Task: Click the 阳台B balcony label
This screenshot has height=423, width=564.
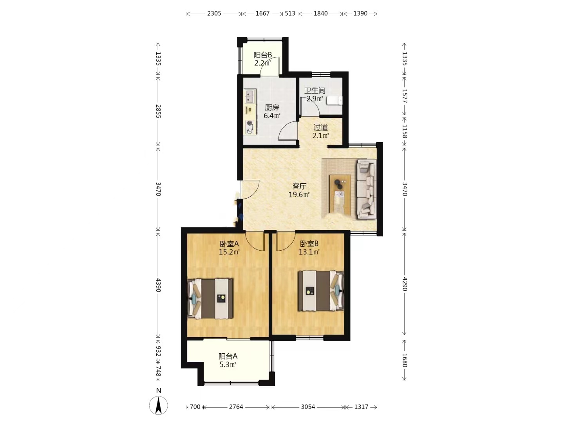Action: pos(262,55)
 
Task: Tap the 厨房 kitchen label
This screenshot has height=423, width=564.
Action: pos(271,107)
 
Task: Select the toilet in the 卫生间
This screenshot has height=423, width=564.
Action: pos(334,100)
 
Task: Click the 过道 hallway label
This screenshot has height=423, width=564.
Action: pos(320,127)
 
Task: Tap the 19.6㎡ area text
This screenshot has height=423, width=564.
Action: pos(299,195)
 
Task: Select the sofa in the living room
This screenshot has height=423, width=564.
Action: pos(367,189)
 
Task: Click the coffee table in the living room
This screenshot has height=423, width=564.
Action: pos(340,194)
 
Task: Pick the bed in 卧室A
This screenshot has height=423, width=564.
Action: pos(210,299)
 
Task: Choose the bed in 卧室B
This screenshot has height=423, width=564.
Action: pos(321,291)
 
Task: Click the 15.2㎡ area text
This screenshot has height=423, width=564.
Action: pos(229,252)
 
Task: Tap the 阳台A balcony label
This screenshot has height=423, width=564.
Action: pos(228,356)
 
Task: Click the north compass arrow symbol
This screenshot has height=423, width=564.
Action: pos(159,405)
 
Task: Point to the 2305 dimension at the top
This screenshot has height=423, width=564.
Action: pos(214,13)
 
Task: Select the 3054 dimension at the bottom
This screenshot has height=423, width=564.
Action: pos(308,407)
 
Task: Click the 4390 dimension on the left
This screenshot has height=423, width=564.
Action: pos(158,285)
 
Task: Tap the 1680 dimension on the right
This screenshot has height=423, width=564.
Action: pos(405,360)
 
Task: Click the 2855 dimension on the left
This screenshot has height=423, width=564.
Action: pos(158,111)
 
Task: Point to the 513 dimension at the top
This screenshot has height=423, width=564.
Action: pos(290,13)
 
